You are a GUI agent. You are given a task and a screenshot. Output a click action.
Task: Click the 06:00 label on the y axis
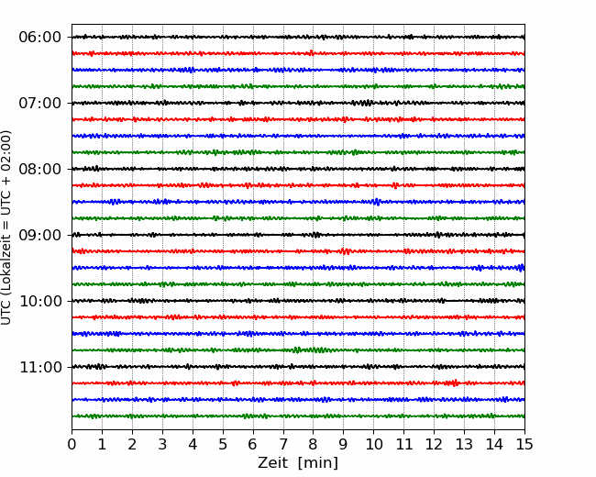coord(40,38)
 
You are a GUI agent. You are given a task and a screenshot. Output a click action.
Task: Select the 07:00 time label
coord(40,103)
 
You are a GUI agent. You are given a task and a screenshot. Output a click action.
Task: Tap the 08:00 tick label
coord(40,170)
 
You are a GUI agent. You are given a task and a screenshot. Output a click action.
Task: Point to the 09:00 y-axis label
coord(40,235)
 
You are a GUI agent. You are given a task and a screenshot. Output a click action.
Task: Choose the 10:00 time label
coord(40,301)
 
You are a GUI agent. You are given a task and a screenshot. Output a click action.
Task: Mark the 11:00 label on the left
coord(40,368)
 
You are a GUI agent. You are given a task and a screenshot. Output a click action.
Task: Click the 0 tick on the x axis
coord(72,444)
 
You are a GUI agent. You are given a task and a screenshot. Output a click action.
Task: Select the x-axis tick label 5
coord(223,444)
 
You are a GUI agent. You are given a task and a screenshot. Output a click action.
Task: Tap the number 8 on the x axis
coord(314,444)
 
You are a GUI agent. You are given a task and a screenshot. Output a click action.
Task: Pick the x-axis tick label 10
coord(373,444)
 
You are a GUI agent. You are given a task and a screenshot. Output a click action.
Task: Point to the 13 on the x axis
coord(464,444)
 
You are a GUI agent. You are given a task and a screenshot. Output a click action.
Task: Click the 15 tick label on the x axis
coord(524,444)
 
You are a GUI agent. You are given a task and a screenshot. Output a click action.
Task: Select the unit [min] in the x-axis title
coord(318,463)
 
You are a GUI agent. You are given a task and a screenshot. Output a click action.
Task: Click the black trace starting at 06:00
coord(298,37)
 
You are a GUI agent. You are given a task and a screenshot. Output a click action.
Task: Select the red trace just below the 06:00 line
coord(298,53)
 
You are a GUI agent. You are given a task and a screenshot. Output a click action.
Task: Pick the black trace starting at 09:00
coord(298,235)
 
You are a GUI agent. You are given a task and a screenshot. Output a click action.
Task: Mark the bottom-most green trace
coord(298,416)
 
